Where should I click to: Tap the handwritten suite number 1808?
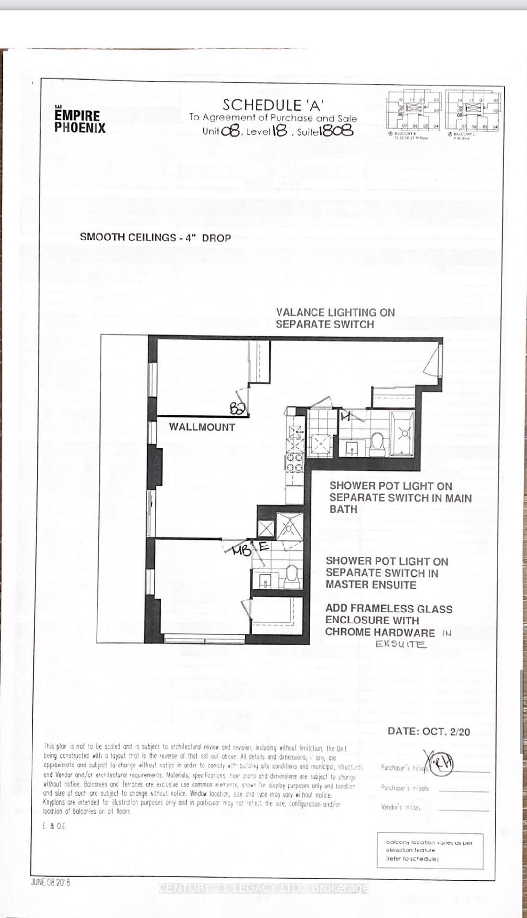[x=338, y=131]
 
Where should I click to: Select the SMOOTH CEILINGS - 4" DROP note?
[x=155, y=238]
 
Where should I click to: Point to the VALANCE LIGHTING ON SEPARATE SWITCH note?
[x=335, y=318]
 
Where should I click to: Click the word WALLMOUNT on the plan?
[x=202, y=427]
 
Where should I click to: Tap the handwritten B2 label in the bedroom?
[x=237, y=408]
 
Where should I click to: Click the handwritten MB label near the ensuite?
[x=241, y=551]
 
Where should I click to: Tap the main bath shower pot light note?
[x=400, y=497]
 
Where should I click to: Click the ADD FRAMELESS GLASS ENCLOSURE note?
[x=388, y=620]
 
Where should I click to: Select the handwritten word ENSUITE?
[x=400, y=644]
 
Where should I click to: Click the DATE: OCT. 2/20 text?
[x=429, y=732]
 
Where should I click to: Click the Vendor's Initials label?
[x=401, y=807]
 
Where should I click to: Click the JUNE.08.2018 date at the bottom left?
[x=50, y=882]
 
